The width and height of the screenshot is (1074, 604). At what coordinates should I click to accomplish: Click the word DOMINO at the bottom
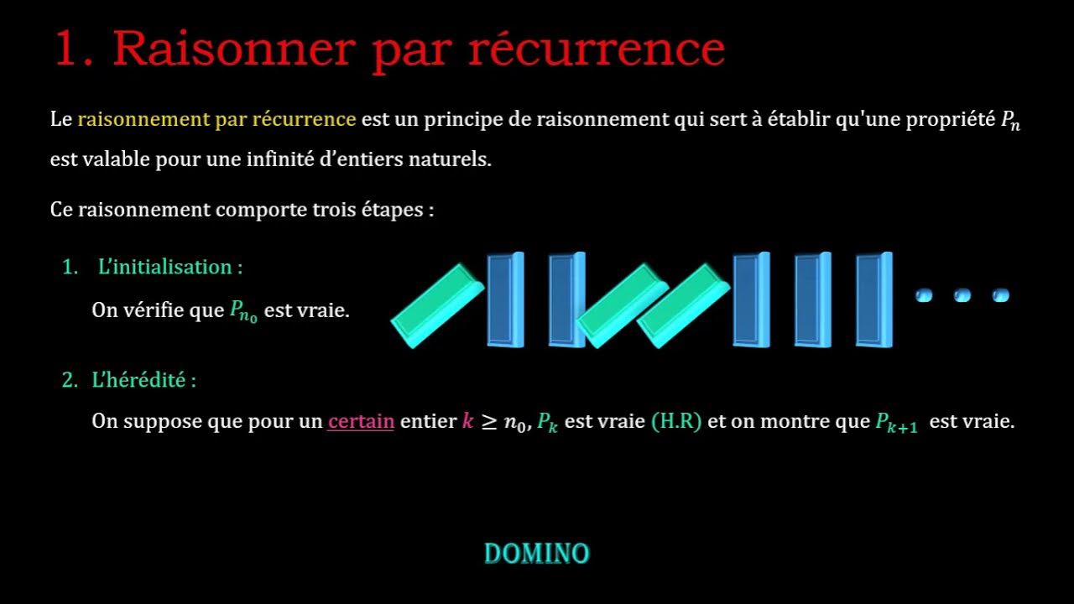coord(537,554)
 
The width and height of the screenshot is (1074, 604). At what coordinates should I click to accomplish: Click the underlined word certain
coord(361,421)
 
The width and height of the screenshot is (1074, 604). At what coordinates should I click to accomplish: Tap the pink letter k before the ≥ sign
coord(467,421)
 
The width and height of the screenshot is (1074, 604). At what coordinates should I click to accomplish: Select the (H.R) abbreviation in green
coord(676,421)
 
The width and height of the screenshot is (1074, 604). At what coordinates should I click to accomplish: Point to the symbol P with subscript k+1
coord(896,423)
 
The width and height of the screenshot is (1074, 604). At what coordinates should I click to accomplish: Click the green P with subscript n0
coord(243,311)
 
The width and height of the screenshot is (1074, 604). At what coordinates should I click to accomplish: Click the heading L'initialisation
coord(169,268)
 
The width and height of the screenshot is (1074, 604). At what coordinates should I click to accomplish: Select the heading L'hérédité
coord(143,380)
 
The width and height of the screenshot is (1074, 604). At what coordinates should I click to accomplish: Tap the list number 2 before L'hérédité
coord(69,380)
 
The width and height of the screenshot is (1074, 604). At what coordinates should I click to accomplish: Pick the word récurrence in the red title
coord(597,49)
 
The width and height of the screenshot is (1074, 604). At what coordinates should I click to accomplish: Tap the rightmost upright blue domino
coord(873,299)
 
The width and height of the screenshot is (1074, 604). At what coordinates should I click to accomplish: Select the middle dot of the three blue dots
coord(962,295)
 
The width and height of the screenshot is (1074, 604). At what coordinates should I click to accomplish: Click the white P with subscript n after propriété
coord(1009,121)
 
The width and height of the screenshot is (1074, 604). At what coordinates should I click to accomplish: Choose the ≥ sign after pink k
coord(489,421)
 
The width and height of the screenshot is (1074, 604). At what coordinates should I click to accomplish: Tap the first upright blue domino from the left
coord(505,299)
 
